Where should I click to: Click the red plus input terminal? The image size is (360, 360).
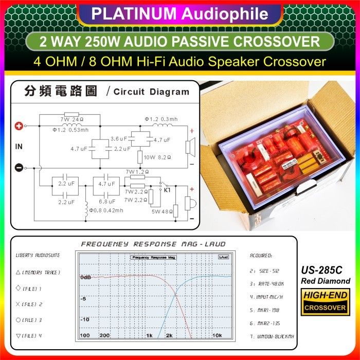[x=20, y=125]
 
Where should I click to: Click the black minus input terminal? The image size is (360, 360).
[x=19, y=167]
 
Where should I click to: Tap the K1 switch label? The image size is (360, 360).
[x=167, y=190]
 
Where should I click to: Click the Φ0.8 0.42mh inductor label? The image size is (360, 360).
[x=106, y=210]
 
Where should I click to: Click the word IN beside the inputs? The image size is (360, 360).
[x=19, y=147]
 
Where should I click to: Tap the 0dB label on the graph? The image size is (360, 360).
[x=85, y=277]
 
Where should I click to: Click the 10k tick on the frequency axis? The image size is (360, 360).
[x=217, y=335]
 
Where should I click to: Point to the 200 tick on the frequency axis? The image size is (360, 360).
[x=104, y=335]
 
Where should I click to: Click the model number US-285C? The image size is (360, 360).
[x=325, y=270]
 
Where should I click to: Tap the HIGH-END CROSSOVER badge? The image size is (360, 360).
[x=325, y=302]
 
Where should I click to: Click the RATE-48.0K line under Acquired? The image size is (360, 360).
[x=267, y=283]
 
